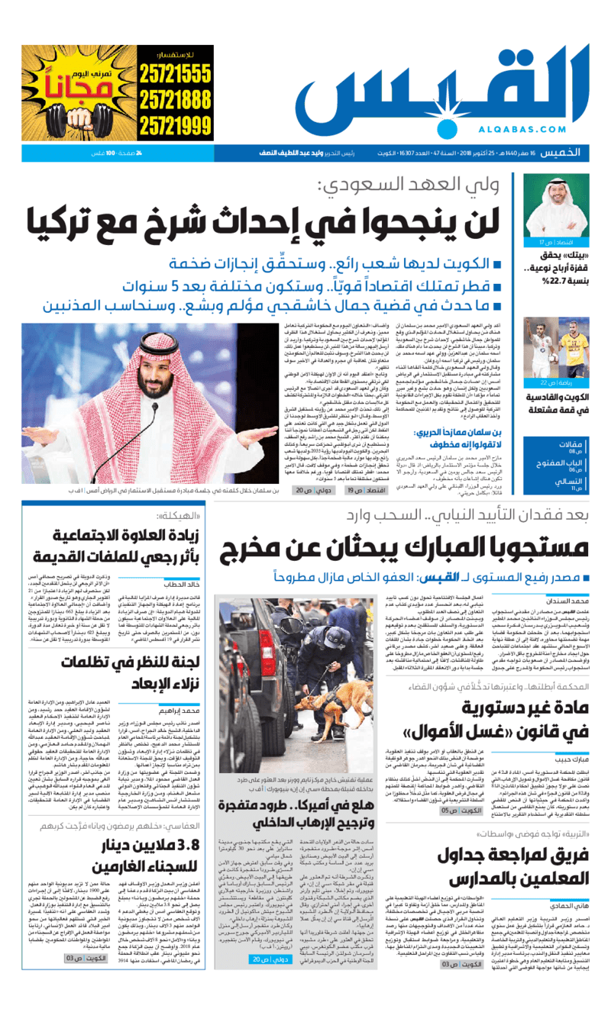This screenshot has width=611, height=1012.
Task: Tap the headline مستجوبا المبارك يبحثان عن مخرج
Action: coord(404,546)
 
